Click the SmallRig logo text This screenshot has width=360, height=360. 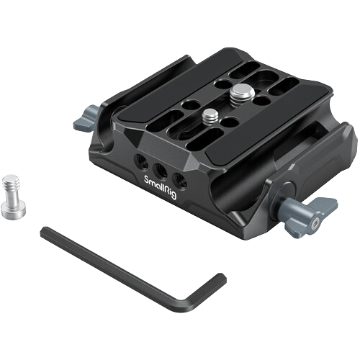pos(161,187)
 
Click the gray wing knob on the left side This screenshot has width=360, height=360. pos(86,119)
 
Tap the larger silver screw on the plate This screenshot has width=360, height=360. pos(243,93)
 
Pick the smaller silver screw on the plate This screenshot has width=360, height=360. pos(210,117)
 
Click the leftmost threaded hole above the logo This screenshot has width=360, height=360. pos(142,161)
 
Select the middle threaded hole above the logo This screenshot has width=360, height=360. pos(161,170)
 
